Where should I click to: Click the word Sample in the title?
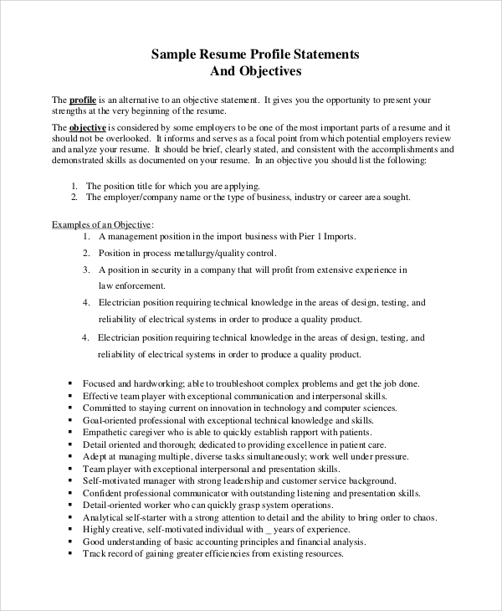(171, 54)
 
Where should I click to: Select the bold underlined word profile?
(82, 100)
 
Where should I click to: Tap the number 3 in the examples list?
(85, 270)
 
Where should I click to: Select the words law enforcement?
(125, 285)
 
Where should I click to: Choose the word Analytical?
(104, 518)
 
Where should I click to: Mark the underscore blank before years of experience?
(269, 531)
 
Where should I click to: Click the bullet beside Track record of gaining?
(69, 555)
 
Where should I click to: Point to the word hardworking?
(146, 383)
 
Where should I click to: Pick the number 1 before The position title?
(74, 186)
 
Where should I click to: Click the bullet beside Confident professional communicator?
(69, 494)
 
